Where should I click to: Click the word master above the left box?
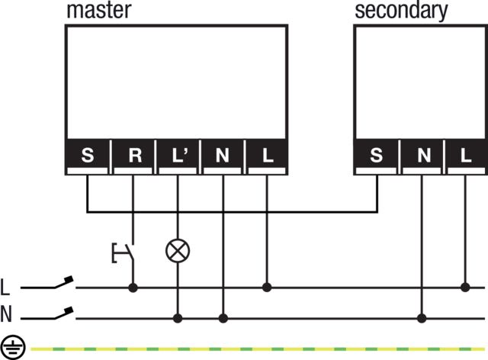pyautogui.click(x=99, y=11)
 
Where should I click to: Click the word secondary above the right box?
pyautogui.click(x=401, y=11)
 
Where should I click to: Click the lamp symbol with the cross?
pyautogui.click(x=178, y=249)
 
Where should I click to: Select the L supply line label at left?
pyautogui.click(x=6, y=288)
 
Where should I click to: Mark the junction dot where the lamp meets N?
pyautogui.click(x=178, y=318)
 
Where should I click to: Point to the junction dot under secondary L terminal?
pyautogui.click(x=466, y=288)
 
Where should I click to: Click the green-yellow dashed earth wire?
pyautogui.click(x=252, y=348)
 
